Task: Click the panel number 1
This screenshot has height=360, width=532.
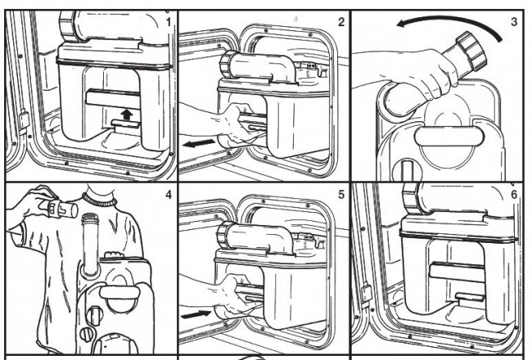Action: tap(169, 22)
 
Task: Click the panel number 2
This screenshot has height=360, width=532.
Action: tap(341, 22)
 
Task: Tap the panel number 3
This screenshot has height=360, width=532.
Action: tap(514, 22)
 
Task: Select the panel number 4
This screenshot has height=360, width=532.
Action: tap(169, 195)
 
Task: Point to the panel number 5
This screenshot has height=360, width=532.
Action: tap(341, 195)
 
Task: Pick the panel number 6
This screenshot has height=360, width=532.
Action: tap(514, 195)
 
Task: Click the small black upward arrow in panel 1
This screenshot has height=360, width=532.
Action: tap(127, 115)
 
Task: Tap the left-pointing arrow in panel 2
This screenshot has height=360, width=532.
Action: tap(199, 143)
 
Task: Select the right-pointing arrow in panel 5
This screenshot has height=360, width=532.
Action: tap(196, 314)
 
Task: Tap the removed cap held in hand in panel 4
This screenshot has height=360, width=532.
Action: tap(61, 209)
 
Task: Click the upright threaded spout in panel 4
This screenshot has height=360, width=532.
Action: tap(91, 243)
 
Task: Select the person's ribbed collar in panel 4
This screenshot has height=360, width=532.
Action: tap(99, 200)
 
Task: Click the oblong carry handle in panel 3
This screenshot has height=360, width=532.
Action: tap(449, 137)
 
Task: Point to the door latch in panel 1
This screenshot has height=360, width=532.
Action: tap(24, 119)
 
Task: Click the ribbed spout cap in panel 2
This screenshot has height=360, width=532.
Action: tap(226, 65)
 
